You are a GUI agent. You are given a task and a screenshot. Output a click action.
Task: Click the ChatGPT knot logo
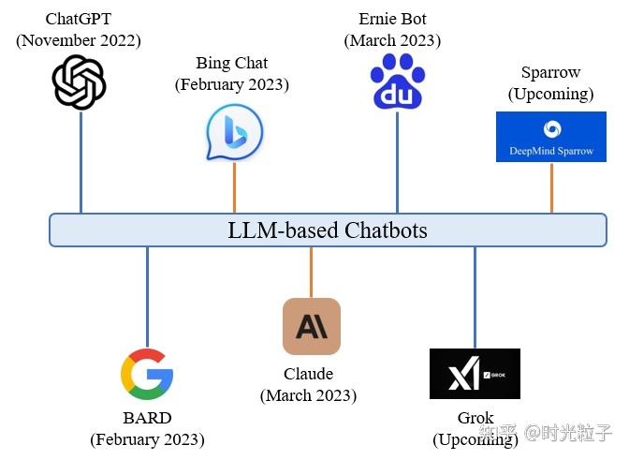79,82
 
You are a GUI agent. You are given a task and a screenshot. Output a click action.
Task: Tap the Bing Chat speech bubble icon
234,132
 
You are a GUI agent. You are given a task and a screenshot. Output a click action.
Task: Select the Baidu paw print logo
397,82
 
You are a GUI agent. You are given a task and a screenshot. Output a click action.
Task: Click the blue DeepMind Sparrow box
551,137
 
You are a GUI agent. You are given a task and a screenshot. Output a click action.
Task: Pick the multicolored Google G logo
147,375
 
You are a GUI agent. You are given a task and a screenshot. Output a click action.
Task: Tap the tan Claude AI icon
311,327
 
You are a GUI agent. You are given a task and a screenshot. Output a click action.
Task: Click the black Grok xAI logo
475,374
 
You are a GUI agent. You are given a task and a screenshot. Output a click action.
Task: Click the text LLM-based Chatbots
328,230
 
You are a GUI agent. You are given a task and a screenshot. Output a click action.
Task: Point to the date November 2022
79,40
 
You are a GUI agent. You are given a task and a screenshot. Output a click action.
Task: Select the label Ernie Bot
392,19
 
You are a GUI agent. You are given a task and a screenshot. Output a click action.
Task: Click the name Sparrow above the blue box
550,72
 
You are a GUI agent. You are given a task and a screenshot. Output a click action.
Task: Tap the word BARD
147,418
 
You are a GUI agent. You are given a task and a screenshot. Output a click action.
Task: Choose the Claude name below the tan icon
308,374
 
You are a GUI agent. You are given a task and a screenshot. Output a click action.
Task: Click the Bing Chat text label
231,63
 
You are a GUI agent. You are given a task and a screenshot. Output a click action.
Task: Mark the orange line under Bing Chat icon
234,187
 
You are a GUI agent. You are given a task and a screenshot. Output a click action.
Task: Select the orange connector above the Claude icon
311,273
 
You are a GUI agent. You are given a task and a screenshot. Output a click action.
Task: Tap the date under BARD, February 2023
147,439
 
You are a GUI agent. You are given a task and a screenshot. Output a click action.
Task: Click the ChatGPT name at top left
79,19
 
